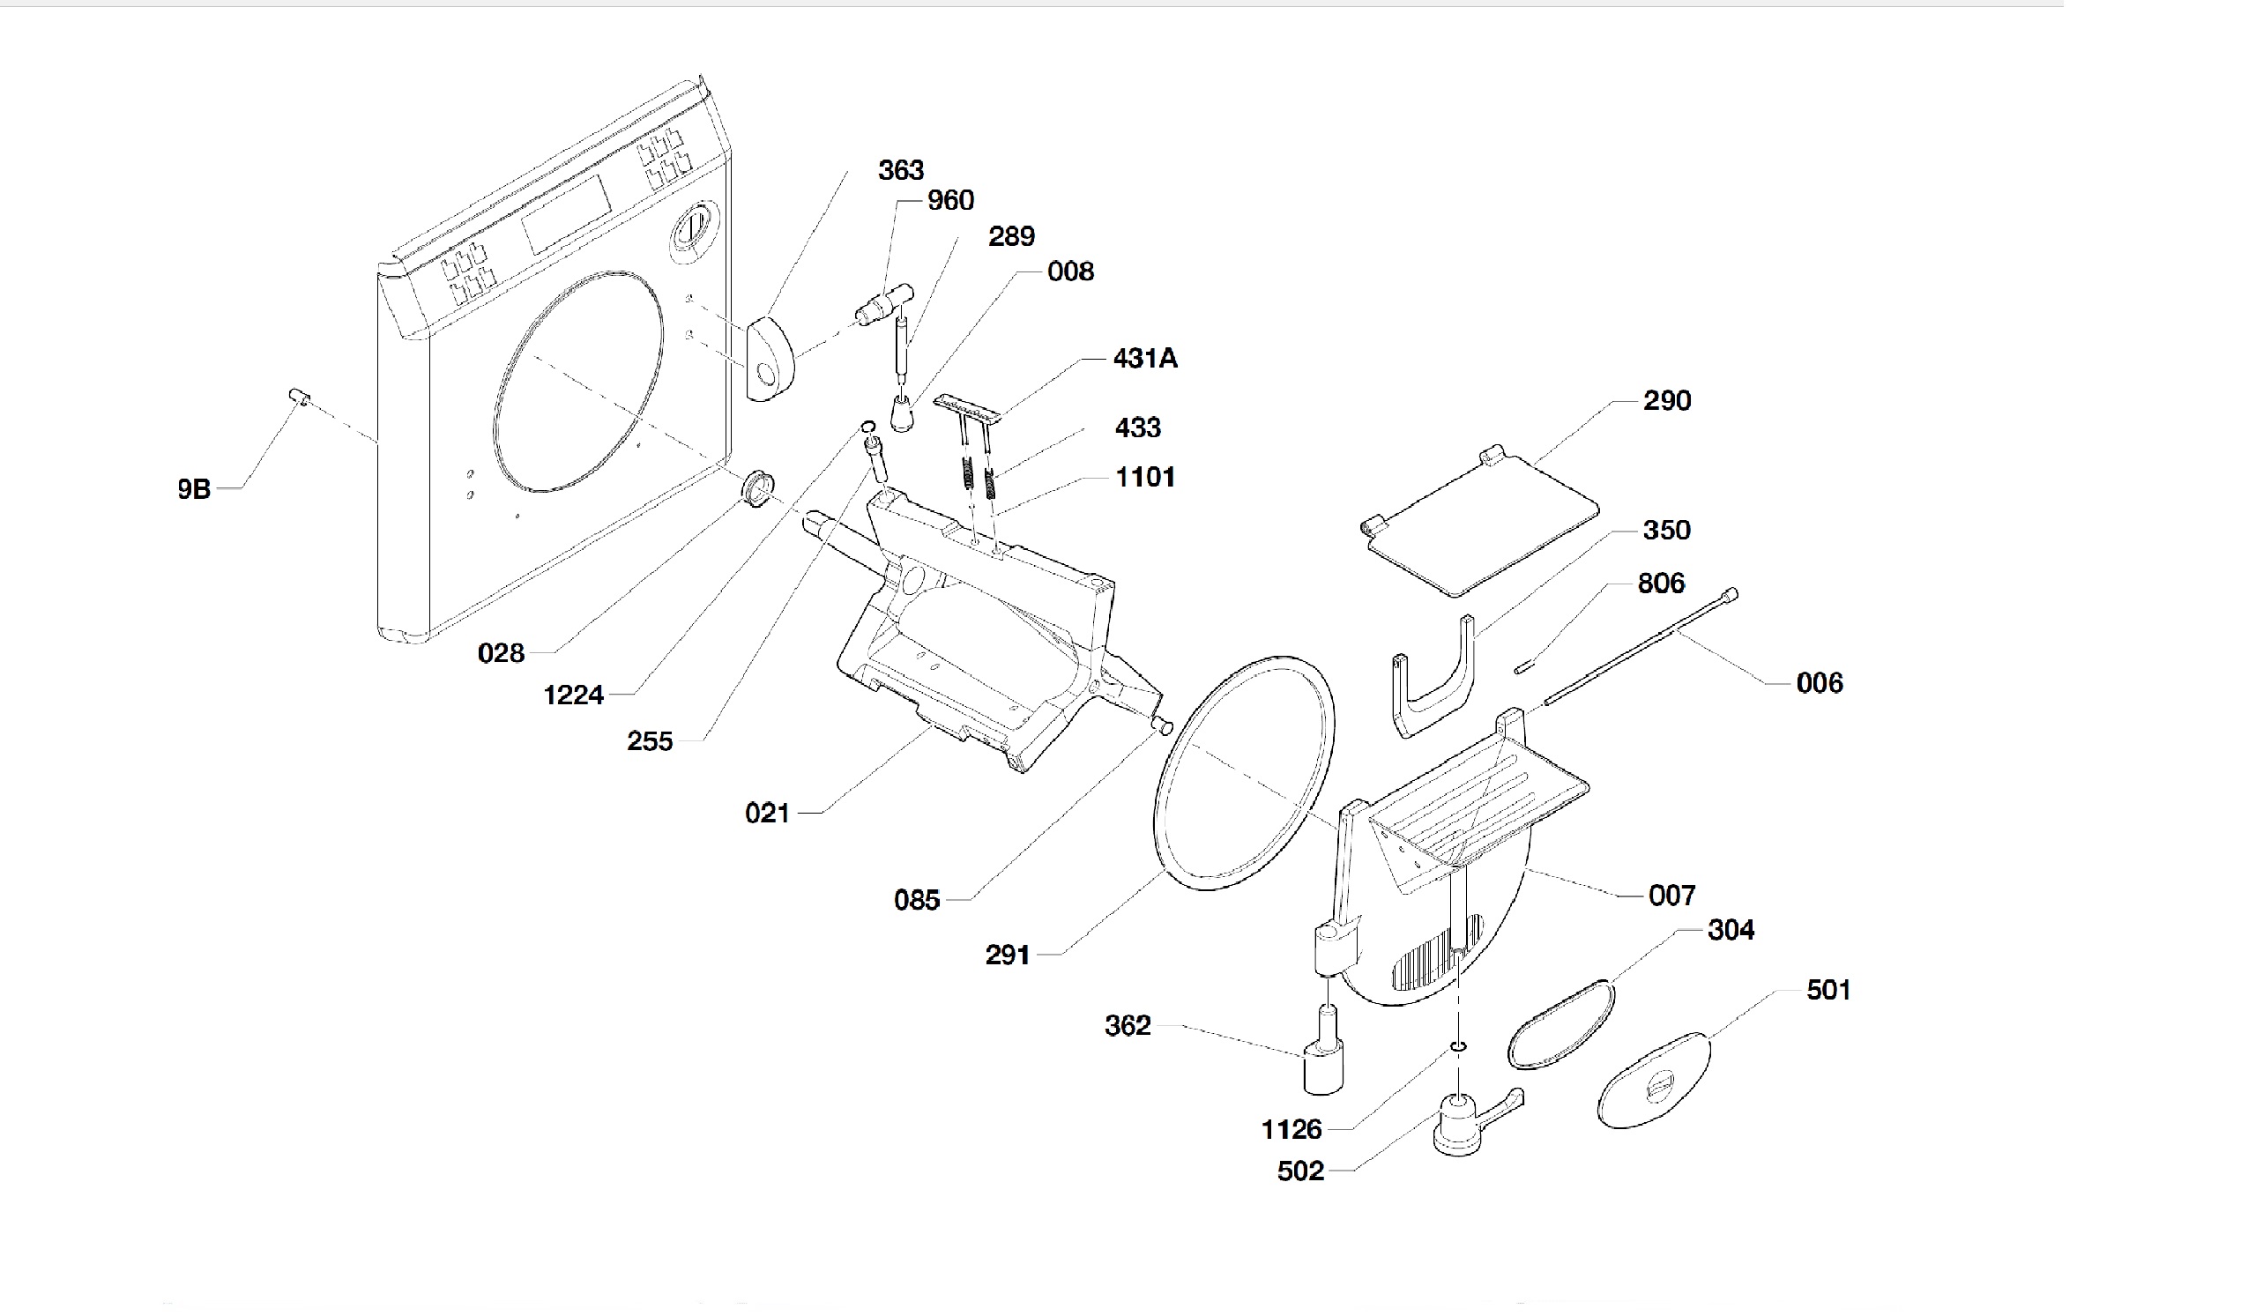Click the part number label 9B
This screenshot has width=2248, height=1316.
[x=194, y=489]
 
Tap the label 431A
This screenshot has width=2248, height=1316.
[x=1144, y=359]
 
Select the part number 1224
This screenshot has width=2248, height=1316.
[x=574, y=695]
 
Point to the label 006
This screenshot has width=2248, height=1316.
[x=1819, y=683]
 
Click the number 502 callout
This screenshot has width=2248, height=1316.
[x=1299, y=1171]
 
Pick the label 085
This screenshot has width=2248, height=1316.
[x=917, y=900]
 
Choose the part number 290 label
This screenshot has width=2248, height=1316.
[x=1666, y=400]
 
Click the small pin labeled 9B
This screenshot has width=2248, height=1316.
[x=298, y=397]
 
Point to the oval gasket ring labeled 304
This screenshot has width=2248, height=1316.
[x=1561, y=1024]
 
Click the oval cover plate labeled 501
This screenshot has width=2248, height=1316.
[x=1653, y=1081]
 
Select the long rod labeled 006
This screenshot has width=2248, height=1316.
[x=1640, y=647]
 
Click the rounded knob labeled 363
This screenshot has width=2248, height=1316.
[x=769, y=361]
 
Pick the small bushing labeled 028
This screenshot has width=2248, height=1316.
[x=758, y=487]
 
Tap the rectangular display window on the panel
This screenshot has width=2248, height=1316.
[x=567, y=215]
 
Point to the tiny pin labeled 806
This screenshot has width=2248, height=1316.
[x=1522, y=667]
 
